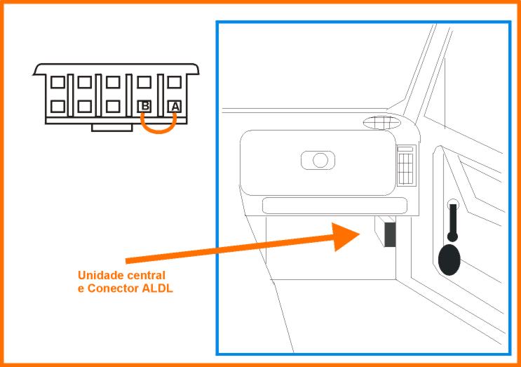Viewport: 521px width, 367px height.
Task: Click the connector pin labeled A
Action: tap(175, 107)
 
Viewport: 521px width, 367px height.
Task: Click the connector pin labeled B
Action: tap(144, 107)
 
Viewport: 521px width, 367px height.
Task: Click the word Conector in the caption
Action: tap(114, 288)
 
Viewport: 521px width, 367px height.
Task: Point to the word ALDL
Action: tap(158, 288)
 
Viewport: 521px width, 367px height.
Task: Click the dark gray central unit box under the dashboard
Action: tap(390, 234)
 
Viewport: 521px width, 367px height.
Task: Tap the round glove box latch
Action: tap(320, 160)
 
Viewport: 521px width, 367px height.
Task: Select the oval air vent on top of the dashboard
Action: tap(382, 123)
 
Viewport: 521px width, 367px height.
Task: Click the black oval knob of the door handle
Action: tap(449, 260)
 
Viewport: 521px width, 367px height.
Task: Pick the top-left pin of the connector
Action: tap(57, 82)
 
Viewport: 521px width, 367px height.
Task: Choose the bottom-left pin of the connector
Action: tap(57, 107)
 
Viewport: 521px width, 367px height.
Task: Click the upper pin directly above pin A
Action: tap(175, 82)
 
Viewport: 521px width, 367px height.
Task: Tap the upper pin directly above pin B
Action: tap(144, 82)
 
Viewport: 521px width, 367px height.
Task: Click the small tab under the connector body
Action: tap(112, 128)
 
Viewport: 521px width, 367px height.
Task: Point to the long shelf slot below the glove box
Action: tap(334, 206)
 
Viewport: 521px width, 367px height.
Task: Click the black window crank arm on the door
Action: tap(452, 222)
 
